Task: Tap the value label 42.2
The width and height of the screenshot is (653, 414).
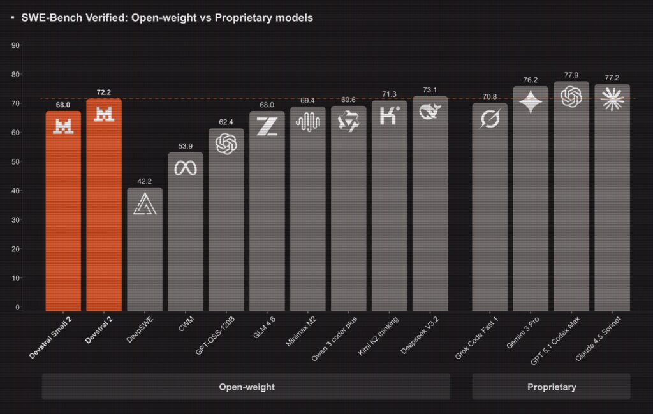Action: (145, 181)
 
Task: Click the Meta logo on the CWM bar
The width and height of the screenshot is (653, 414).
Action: (186, 168)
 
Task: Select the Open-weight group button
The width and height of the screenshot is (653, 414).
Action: (246, 387)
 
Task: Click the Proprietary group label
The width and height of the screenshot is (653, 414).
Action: (551, 387)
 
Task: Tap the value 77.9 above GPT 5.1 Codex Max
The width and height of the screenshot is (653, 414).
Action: (571, 75)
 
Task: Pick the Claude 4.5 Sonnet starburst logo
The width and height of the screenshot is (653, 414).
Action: (612, 99)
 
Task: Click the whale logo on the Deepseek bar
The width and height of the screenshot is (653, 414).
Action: (430, 112)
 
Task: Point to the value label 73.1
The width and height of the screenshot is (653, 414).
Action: (430, 89)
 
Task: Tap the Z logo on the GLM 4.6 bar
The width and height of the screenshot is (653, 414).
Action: (267, 126)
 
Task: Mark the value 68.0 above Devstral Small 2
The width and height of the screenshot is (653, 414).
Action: (63, 105)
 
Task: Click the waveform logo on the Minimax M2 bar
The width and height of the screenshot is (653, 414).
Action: (307, 122)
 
